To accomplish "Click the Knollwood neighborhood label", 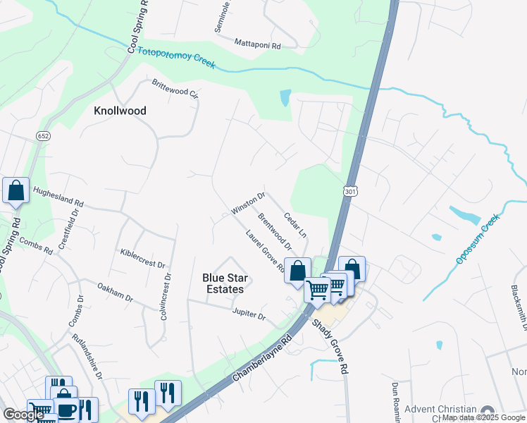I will pyautogui.click(x=120, y=111).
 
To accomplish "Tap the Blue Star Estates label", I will pyautogui.click(x=223, y=283).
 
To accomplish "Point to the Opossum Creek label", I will pyautogui.click(x=477, y=240).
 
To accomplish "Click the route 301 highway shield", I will pyautogui.click(x=350, y=191).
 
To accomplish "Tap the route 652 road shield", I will pyautogui.click(x=44, y=135).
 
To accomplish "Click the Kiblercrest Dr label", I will pyautogui.click(x=142, y=259).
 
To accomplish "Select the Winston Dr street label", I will pyautogui.click(x=247, y=203).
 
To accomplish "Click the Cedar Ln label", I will pyautogui.click(x=295, y=224).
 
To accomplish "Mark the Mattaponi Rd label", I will pyautogui.click(x=257, y=44).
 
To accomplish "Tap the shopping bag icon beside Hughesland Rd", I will pyautogui.click(x=15, y=190).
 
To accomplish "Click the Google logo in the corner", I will pyautogui.click(x=23, y=415).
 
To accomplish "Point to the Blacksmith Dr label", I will pyautogui.click(x=520, y=307).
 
